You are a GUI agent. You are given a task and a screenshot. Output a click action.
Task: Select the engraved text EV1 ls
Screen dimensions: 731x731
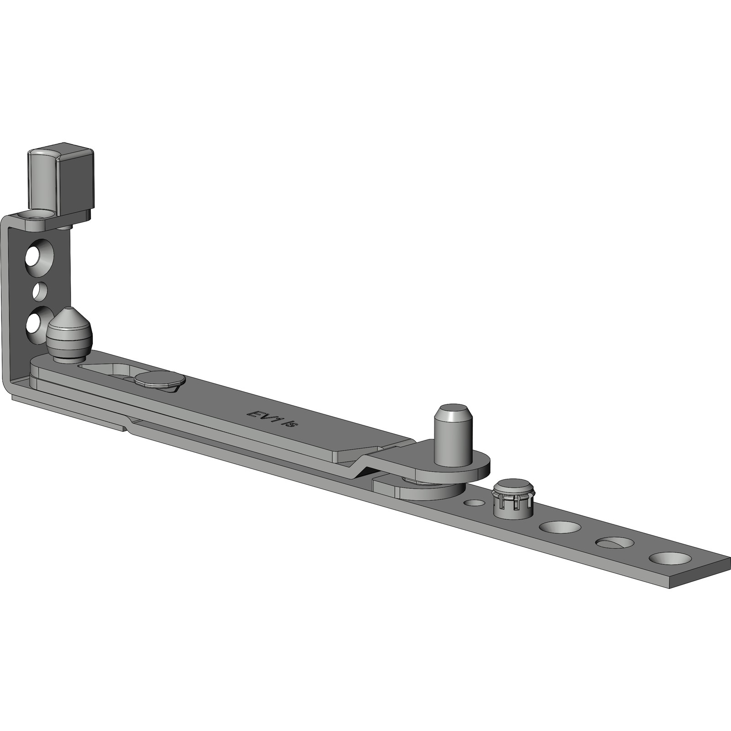click(273, 418)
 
